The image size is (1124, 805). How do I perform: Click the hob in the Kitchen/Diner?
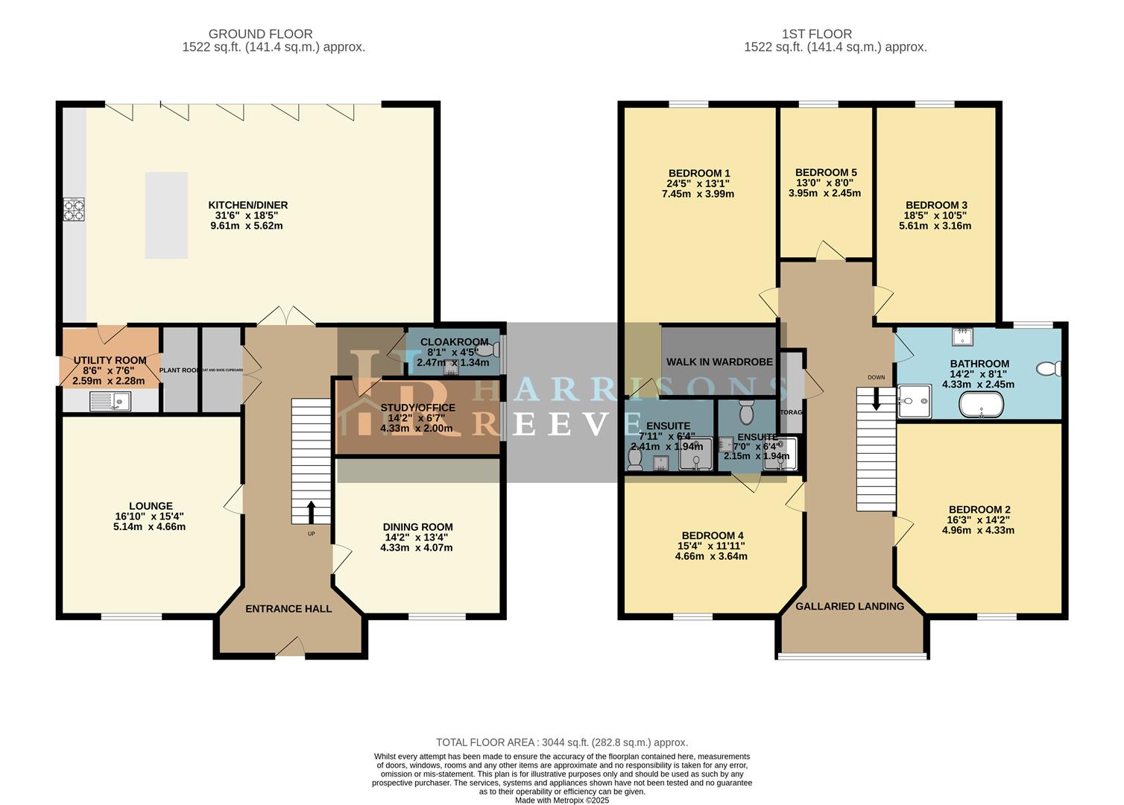(74, 209)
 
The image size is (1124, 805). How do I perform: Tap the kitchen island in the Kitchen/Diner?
(166, 215)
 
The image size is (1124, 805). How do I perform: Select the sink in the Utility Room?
(110, 402)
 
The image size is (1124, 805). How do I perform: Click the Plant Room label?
(180, 370)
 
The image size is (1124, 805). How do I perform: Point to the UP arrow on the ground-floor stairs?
(310, 513)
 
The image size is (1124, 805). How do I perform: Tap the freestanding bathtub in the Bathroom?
(981, 405)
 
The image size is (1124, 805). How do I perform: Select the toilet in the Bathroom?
(1049, 368)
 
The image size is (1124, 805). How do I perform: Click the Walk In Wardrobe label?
(719, 362)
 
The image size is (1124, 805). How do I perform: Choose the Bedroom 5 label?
(825, 172)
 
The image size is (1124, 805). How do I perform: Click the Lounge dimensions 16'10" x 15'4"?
(144, 516)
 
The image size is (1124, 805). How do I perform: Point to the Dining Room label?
(417, 526)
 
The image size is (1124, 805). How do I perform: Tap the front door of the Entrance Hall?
(290, 648)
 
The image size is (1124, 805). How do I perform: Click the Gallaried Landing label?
(849, 606)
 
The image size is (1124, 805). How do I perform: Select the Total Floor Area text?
(561, 742)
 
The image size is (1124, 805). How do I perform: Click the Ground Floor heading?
(260, 34)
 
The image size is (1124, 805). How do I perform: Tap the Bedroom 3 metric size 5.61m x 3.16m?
(936, 226)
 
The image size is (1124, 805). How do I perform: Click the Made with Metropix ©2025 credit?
(562, 800)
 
